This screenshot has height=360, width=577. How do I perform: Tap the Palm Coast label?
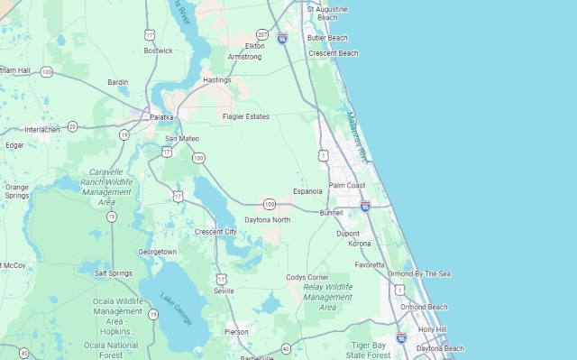[x=347, y=185]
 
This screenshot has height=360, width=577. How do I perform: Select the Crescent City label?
[x=215, y=232]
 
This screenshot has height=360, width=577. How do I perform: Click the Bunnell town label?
[x=331, y=212]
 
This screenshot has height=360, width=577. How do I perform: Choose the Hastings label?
[x=217, y=80]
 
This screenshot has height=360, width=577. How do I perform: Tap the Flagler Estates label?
[x=246, y=116]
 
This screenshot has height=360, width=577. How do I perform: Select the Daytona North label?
[x=268, y=219]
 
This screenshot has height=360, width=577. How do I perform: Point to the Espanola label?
[x=307, y=191]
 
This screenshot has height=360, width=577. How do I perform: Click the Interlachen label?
[x=41, y=129]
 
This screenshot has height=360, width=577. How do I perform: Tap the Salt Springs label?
[x=114, y=273]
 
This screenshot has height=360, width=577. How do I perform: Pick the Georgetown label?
[x=158, y=252]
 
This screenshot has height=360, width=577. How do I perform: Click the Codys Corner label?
[x=307, y=277]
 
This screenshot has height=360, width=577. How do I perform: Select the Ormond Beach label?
[x=424, y=307]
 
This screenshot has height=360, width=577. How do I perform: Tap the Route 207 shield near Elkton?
[x=261, y=33]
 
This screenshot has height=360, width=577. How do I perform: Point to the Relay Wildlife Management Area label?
[x=327, y=297]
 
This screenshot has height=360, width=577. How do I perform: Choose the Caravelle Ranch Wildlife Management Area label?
[x=106, y=187]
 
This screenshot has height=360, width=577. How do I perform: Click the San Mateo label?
[x=182, y=138]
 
